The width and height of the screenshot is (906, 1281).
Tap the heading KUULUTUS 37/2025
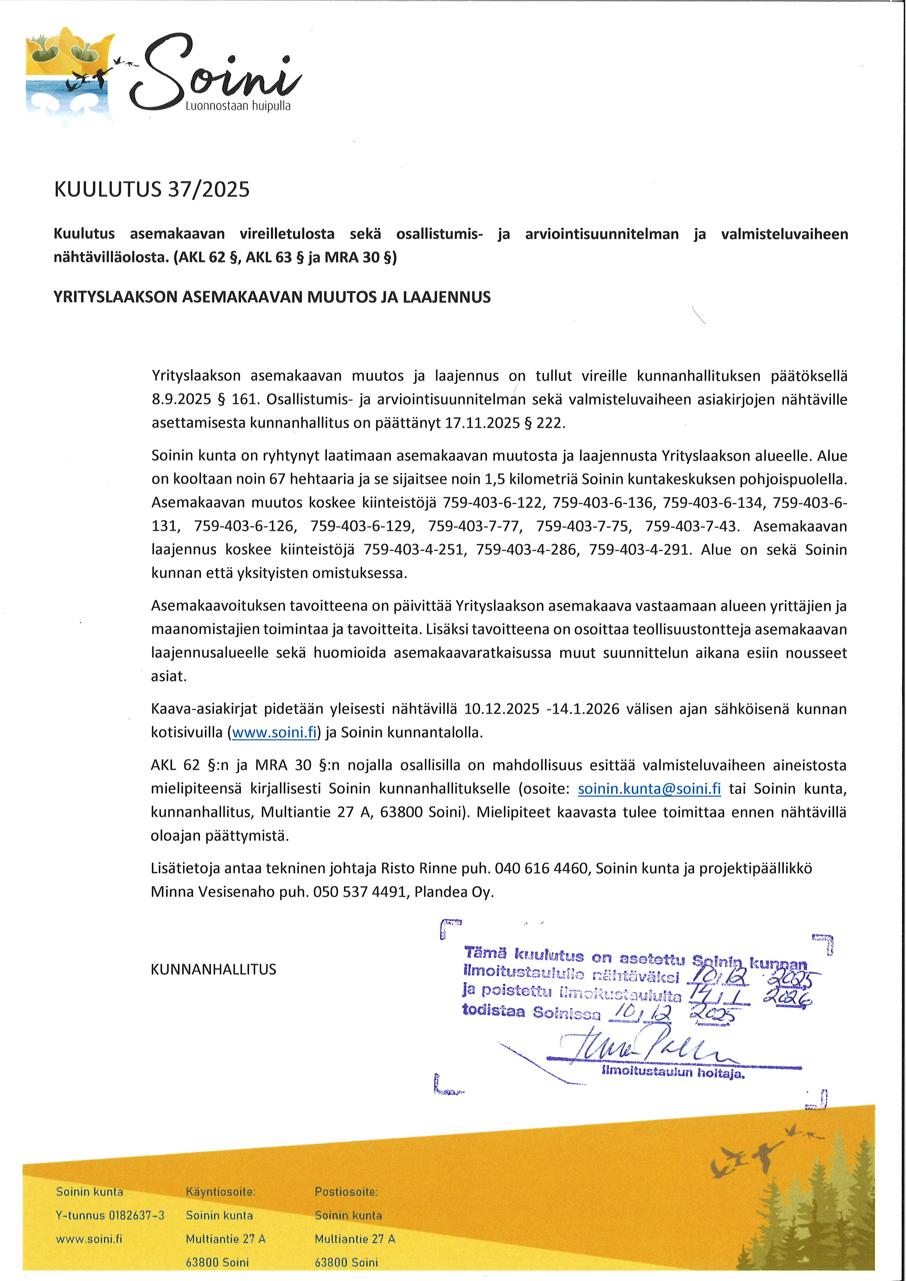coord(152,190)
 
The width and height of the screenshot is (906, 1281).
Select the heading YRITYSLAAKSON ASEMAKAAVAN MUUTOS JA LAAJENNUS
coord(272,297)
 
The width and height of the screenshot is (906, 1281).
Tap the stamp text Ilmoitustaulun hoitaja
coord(673,1072)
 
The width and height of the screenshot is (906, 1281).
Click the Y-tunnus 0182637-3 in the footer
coord(110,1215)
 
